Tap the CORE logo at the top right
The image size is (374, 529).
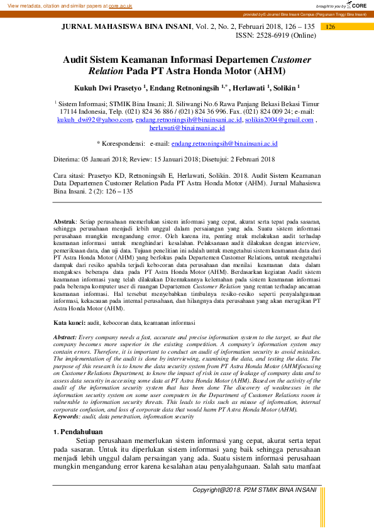tap(356, 5)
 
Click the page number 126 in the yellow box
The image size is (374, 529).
tap(331, 27)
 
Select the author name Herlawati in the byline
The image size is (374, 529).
tap(249, 88)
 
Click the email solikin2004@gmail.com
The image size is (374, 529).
tap(279, 119)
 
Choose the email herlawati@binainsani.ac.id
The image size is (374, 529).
tap(187, 128)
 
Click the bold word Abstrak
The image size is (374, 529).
tap(64, 222)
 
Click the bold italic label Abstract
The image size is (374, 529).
tap(65, 337)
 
